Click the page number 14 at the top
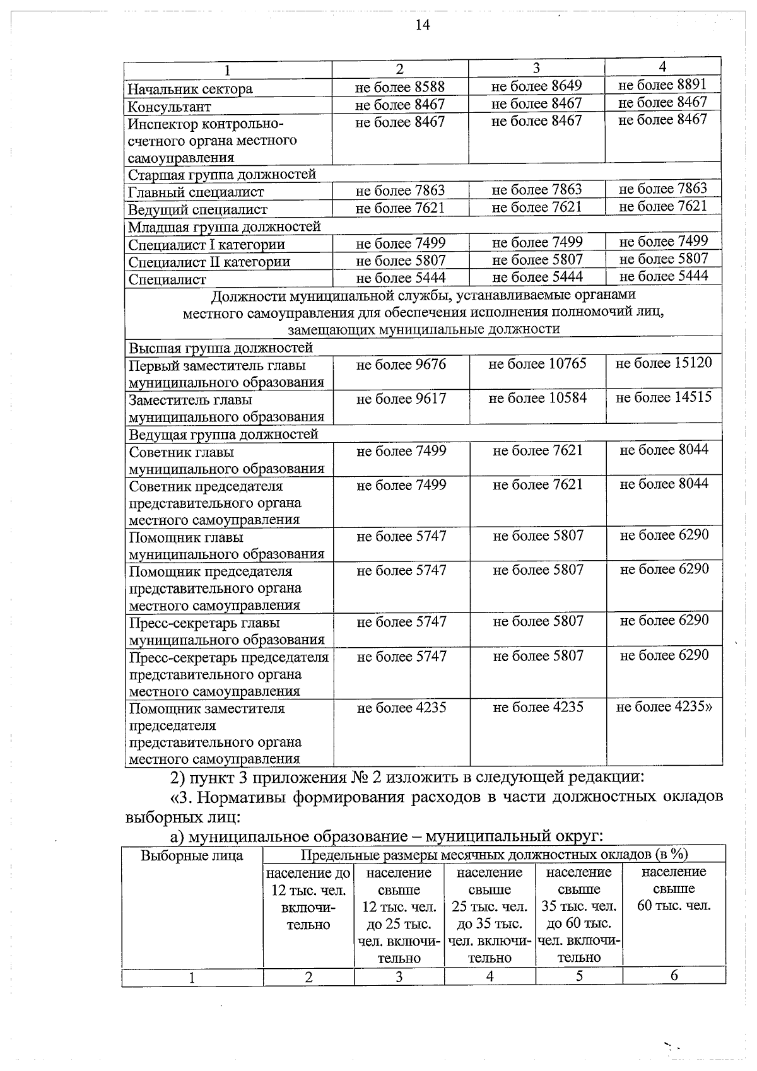point(423,25)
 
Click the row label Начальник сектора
point(190,89)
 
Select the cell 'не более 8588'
point(400,87)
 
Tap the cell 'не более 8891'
point(662,85)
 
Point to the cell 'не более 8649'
point(536,86)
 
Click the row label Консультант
point(169,107)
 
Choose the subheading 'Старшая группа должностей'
point(222,175)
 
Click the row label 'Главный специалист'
point(196,192)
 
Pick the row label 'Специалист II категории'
point(209,262)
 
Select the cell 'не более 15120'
point(664,363)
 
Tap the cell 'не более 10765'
point(537,364)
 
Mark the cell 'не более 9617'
point(401,399)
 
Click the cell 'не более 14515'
point(664,397)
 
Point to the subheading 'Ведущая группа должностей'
point(223,435)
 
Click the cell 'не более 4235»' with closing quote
point(664,707)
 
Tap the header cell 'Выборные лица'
point(192,856)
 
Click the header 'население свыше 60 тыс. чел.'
point(674,889)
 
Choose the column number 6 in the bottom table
point(674,976)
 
